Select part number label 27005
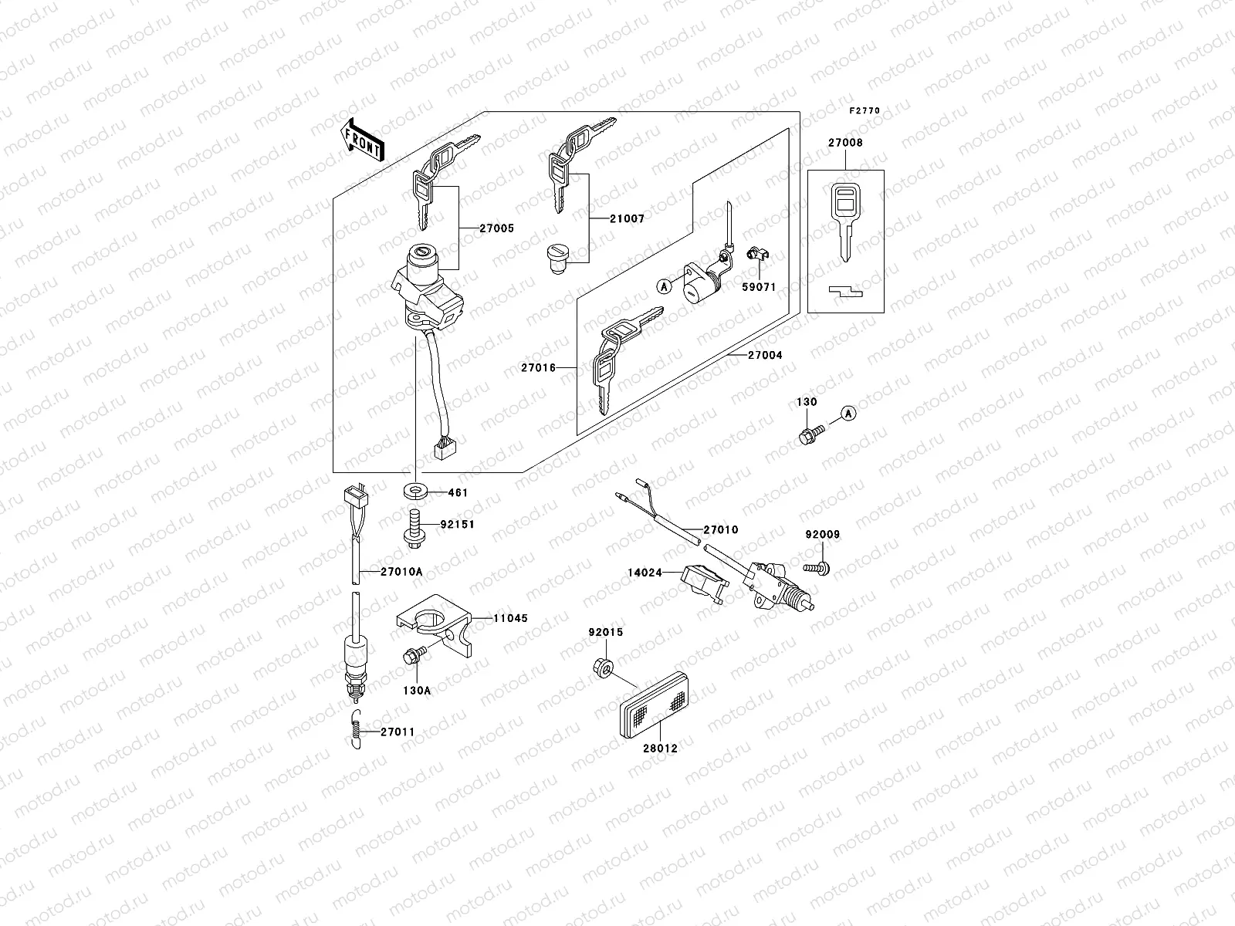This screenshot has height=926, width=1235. click(x=496, y=228)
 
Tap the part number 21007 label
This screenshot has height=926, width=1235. click(x=627, y=219)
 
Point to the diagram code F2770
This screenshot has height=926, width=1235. click(x=864, y=111)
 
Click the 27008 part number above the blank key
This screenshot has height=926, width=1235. click(x=845, y=143)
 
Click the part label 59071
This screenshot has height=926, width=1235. click(x=759, y=287)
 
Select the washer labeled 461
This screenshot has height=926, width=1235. click(x=416, y=492)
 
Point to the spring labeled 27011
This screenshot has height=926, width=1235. click(x=353, y=732)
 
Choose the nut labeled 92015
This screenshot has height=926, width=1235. click(x=606, y=666)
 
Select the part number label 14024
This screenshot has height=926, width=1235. click(x=645, y=573)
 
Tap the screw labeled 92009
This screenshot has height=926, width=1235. click(x=818, y=569)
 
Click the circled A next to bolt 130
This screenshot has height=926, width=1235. click(x=848, y=414)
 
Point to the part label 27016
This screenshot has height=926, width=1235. click(x=538, y=368)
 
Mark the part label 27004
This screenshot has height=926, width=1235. click(x=765, y=356)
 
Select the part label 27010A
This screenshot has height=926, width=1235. click(x=401, y=572)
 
